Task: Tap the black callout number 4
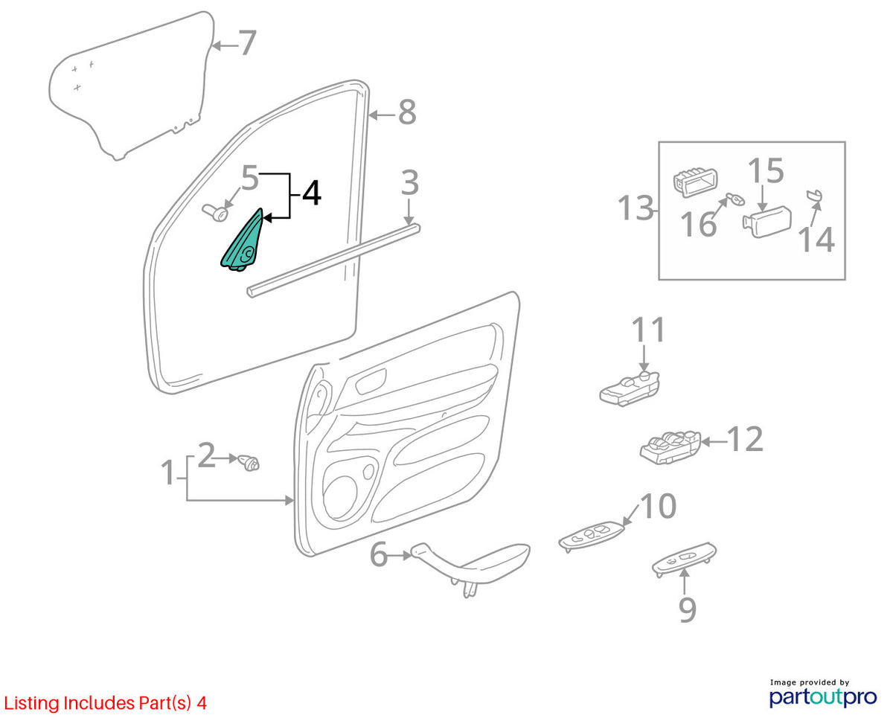[311, 193]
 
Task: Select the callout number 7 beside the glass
[247, 42]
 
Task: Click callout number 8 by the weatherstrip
[407, 112]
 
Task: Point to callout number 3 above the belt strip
[409, 182]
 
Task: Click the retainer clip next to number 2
[249, 463]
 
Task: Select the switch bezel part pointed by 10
[590, 536]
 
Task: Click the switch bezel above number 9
[684, 560]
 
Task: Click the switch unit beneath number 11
[630, 389]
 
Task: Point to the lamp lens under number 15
[766, 222]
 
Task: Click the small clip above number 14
[814, 196]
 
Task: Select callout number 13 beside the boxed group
[636, 208]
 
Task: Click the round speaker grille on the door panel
[340, 498]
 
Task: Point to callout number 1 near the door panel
[168, 472]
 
